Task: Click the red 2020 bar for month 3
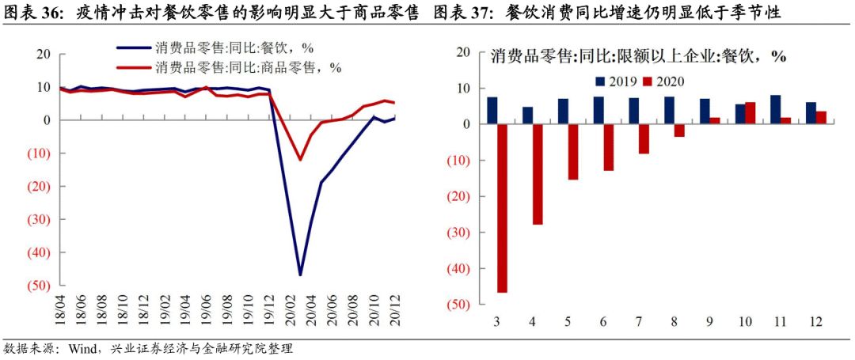click(x=503, y=208)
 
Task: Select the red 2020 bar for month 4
click(x=538, y=174)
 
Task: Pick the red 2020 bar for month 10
click(x=750, y=113)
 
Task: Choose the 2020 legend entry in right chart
click(x=663, y=81)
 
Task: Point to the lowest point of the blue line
click(x=300, y=275)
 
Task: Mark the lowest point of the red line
click(x=300, y=159)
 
